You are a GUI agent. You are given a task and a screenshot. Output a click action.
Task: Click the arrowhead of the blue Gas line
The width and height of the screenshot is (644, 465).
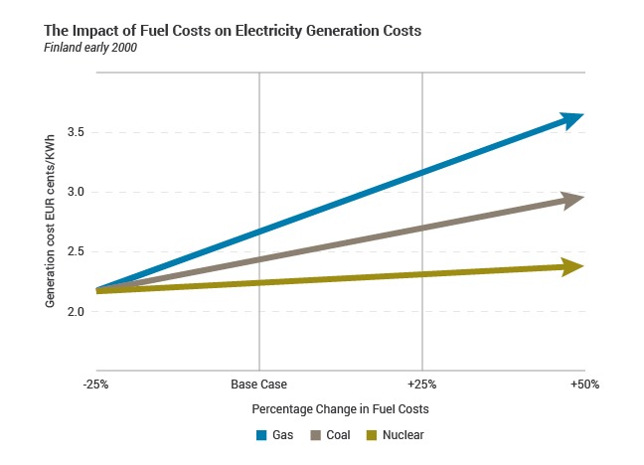(x=571, y=119)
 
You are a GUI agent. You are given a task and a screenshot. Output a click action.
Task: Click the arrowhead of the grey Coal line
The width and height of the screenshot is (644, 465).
(x=571, y=200)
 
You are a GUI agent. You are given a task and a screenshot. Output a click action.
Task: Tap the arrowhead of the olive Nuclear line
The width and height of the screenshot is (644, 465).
(x=571, y=266)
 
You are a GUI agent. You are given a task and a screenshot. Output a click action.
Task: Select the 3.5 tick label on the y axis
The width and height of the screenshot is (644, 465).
(x=75, y=132)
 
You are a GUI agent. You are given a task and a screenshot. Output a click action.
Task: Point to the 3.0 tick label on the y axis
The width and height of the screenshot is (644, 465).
(x=75, y=192)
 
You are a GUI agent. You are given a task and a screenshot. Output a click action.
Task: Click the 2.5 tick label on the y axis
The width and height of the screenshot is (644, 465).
(x=75, y=251)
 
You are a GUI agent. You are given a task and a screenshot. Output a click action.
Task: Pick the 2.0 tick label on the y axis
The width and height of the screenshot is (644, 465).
(x=75, y=311)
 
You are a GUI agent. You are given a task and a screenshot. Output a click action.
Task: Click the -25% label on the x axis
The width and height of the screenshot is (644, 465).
(x=95, y=384)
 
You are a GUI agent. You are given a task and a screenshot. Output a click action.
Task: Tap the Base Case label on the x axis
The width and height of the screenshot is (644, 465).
(x=259, y=384)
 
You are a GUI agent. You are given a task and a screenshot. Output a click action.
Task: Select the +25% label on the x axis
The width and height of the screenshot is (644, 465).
(x=423, y=384)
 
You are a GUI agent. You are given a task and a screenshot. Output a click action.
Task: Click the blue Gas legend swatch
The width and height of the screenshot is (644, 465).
(x=262, y=435)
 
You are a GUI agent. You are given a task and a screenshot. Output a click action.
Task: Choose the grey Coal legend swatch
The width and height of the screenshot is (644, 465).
(x=316, y=435)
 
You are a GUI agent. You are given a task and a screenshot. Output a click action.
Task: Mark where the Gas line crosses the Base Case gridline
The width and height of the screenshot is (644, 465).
(x=259, y=232)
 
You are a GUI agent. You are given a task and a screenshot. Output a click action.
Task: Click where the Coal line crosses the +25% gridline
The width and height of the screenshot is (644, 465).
(x=423, y=228)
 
